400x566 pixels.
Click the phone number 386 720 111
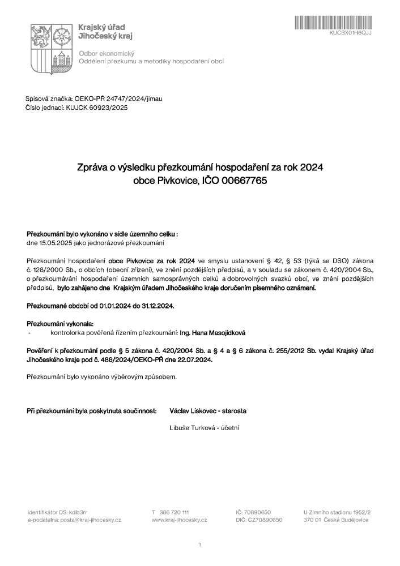pyautogui.click(x=175, y=512)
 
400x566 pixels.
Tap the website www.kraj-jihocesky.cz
pyautogui.click(x=179, y=520)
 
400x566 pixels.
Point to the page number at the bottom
pyautogui.click(x=200, y=545)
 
